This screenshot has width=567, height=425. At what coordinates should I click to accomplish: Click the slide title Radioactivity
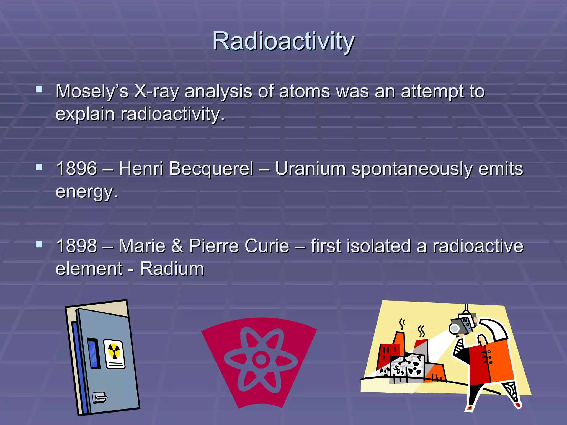pos(283,41)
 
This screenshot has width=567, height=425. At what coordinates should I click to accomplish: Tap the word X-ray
pos(156,91)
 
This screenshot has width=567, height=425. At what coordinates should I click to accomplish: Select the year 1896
pos(77,169)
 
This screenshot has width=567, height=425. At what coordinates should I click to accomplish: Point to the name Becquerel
pos(211,169)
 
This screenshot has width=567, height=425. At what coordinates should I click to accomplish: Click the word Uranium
pos(310,169)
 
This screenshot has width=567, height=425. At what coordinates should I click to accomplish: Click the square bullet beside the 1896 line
pos(39,167)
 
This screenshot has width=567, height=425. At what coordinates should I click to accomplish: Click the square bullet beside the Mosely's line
pos(39,89)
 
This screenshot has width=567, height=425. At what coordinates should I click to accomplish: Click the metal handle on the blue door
pos(99,398)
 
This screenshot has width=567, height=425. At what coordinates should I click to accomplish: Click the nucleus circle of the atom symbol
pos(261,359)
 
